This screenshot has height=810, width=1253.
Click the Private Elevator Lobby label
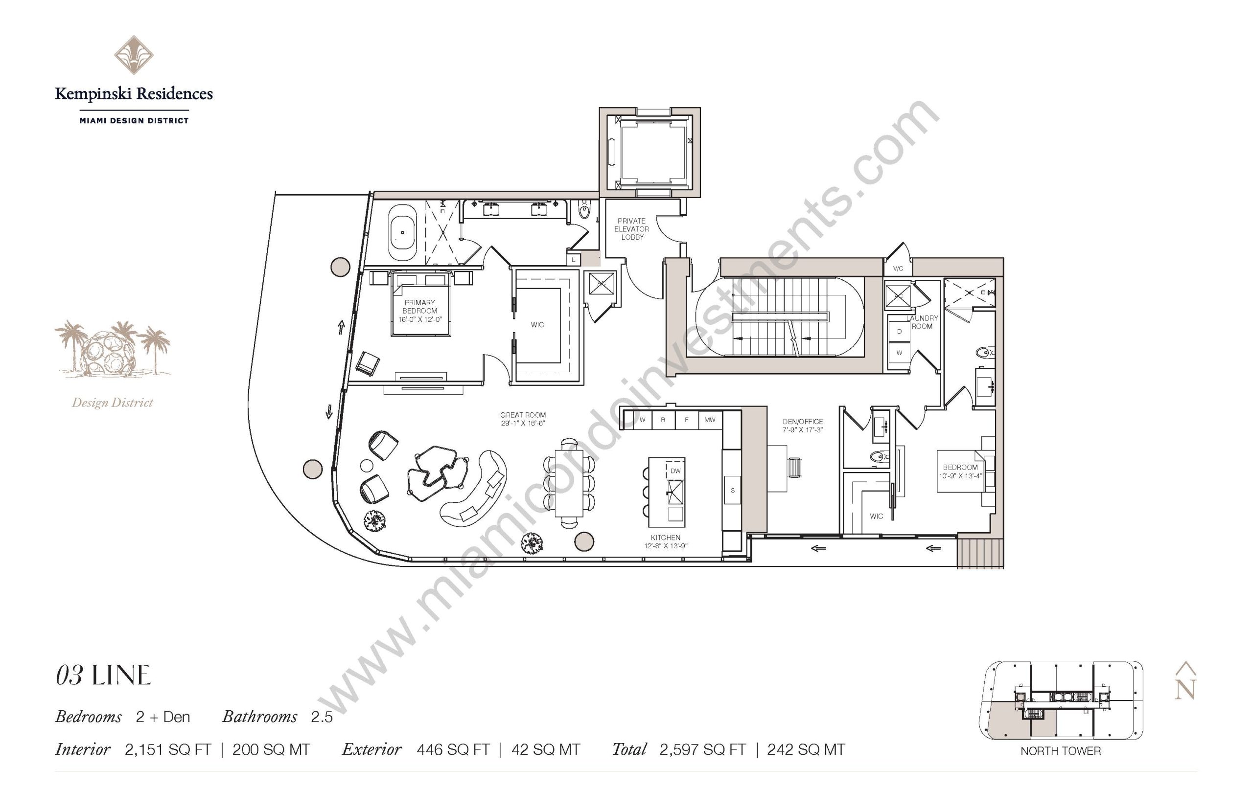coord(631,229)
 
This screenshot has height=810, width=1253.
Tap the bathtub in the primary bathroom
coord(403,232)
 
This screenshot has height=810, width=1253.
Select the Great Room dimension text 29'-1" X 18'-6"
coord(523,423)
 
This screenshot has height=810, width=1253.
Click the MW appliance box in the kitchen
coord(709,420)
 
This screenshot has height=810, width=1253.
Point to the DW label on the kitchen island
coord(675,471)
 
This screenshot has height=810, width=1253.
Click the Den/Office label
coord(803,421)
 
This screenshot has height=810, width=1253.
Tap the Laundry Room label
coord(922,322)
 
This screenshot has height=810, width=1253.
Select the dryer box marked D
coord(899,331)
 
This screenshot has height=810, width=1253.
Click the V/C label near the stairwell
coord(898,269)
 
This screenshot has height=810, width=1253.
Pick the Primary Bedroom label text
coord(419,307)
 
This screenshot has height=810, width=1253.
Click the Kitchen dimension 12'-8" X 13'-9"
coord(666,545)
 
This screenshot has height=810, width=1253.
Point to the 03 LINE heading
coord(103,675)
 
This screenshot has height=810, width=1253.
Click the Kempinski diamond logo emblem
coord(134,55)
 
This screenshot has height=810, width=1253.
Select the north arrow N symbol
coord(1185,680)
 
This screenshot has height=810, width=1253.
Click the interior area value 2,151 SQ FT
coord(168,749)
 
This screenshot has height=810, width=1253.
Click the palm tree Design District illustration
coord(112,349)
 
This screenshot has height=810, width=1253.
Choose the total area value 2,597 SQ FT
coord(702,749)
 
